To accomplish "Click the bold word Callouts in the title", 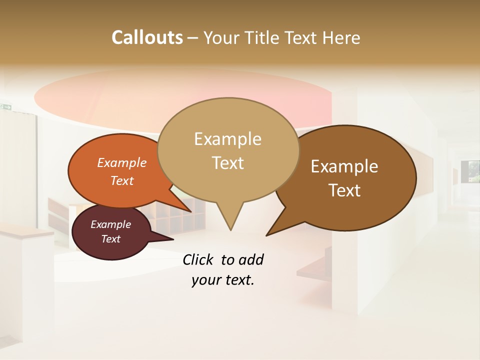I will click(x=147, y=37).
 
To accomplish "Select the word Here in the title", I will click(x=341, y=37).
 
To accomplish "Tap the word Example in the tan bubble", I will click(x=227, y=139).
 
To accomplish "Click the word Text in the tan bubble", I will click(x=227, y=163).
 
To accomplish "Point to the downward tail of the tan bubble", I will click(x=230, y=220).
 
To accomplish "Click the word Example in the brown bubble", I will click(x=344, y=166).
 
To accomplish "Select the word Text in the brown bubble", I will click(x=344, y=190).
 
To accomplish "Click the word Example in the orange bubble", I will click(x=121, y=162).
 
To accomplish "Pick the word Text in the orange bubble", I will click(x=121, y=180).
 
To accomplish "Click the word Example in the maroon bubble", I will click(x=110, y=224).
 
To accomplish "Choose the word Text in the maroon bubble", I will click(x=110, y=239).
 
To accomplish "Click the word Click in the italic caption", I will click(x=198, y=259).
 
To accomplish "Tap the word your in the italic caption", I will click(x=205, y=280).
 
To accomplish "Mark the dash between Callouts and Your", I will click(x=193, y=37).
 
